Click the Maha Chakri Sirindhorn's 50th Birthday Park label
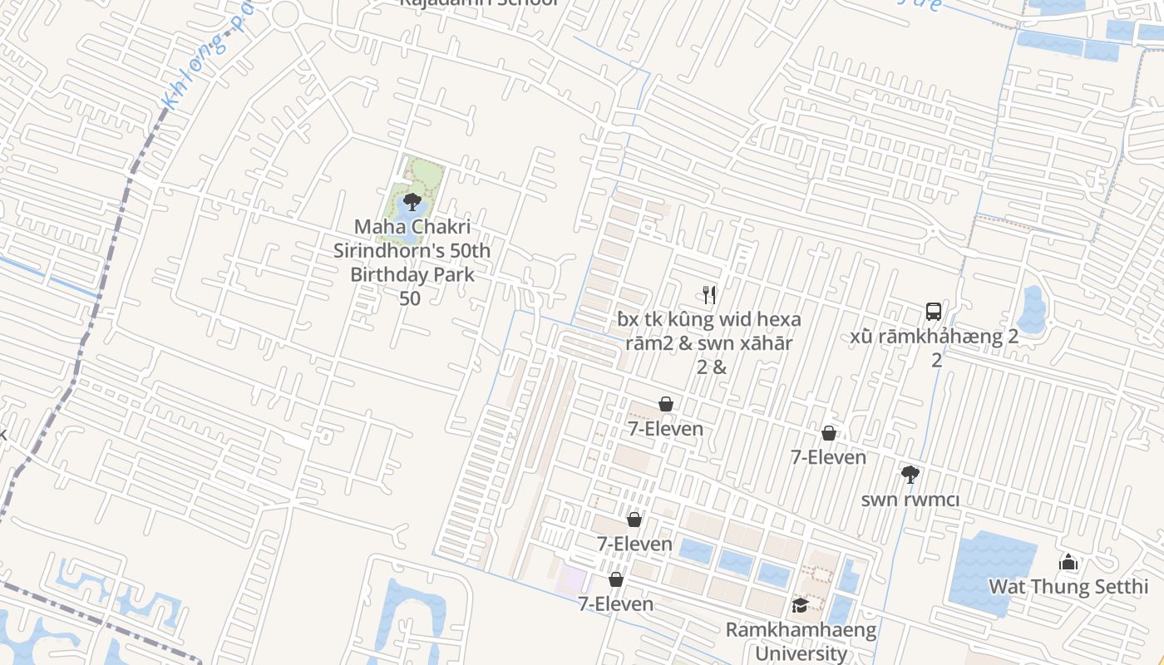tap(412, 262)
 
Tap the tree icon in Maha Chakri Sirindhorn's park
tap(412, 201)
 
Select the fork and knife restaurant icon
tap(709, 294)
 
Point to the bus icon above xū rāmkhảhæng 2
tap(934, 312)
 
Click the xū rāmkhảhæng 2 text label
tap(935, 337)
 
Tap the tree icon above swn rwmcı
tap(910, 475)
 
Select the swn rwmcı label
tap(910, 500)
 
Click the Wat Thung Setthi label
tap(1068, 587)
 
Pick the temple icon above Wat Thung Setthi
tap(1068, 563)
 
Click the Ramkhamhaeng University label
tap(801, 641)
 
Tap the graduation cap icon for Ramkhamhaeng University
tap(800, 605)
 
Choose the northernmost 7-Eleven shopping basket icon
tap(666, 404)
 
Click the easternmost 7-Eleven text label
tap(828, 457)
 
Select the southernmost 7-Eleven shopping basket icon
tap(616, 579)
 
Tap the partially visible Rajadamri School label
tap(478, 3)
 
